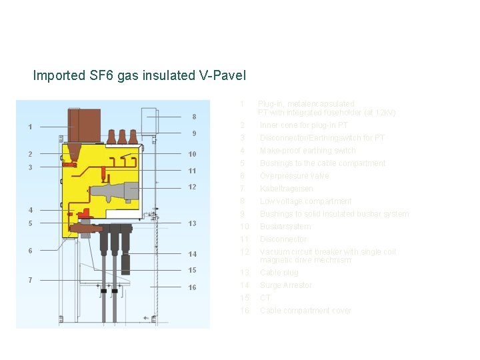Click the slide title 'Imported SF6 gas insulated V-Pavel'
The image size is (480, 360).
(x=139, y=75)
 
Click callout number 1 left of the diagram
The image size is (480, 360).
(x=30, y=127)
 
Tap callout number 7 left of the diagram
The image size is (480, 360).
(x=30, y=279)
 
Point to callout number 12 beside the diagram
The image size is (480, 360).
(x=192, y=187)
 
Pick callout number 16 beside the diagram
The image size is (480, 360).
(x=192, y=287)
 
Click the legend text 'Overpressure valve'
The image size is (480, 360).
(x=294, y=176)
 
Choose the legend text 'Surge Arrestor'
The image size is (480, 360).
(x=285, y=285)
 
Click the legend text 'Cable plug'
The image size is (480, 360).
(x=279, y=273)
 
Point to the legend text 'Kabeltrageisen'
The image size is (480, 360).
(x=286, y=189)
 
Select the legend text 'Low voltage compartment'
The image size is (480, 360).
(x=305, y=201)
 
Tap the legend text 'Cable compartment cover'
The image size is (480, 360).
(x=305, y=311)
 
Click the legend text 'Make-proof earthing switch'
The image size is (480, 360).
(x=307, y=151)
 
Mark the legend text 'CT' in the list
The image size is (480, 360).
(x=265, y=298)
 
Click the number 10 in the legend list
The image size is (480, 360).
(x=245, y=227)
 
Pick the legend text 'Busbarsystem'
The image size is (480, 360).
(x=285, y=227)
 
